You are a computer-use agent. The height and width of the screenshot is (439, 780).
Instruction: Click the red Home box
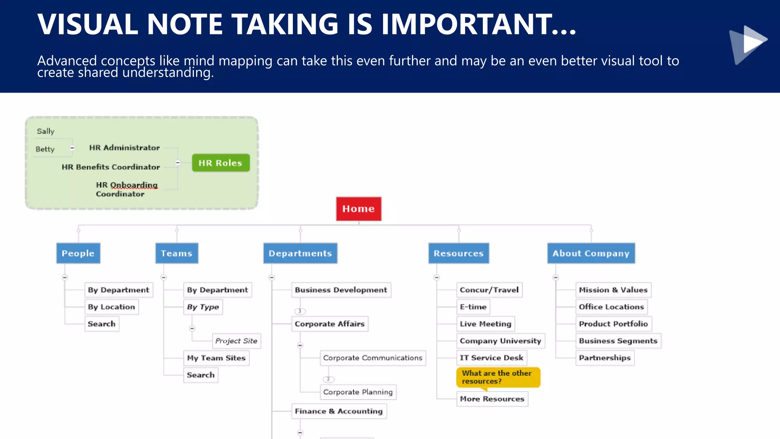click(358, 209)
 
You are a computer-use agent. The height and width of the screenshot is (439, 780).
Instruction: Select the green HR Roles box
click(221, 163)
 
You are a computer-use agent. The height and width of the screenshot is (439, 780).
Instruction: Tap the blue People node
click(78, 253)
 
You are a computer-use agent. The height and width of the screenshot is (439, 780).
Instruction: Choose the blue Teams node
click(177, 253)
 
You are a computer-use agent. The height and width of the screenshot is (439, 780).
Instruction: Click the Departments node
click(300, 253)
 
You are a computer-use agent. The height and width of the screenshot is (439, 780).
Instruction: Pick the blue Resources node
click(459, 253)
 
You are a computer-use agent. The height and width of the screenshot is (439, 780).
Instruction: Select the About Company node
click(591, 253)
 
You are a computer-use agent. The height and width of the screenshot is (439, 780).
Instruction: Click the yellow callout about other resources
click(498, 377)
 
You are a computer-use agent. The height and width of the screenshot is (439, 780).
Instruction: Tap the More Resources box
click(492, 399)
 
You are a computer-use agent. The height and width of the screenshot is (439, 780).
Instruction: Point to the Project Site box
click(236, 341)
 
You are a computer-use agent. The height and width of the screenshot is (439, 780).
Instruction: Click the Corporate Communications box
click(372, 358)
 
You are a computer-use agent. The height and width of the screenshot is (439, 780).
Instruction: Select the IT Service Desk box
click(491, 358)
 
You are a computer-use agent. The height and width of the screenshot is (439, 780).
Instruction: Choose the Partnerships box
click(604, 358)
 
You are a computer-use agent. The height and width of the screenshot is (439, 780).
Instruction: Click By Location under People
click(111, 307)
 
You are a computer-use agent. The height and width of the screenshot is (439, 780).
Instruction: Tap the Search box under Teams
click(200, 375)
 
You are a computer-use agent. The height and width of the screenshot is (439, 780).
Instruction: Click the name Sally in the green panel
click(46, 131)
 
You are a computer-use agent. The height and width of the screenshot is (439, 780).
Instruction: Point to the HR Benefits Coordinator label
click(111, 167)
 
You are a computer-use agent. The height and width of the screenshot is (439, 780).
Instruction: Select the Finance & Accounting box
click(339, 411)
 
